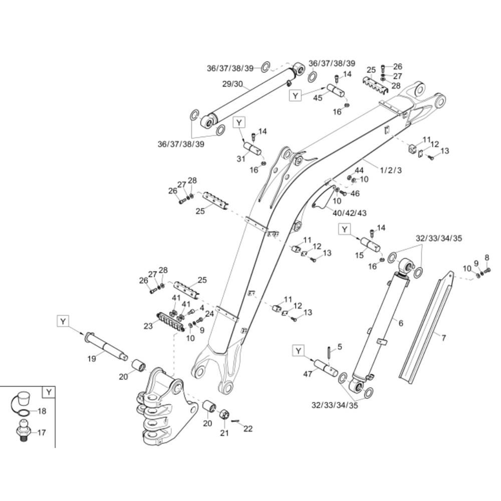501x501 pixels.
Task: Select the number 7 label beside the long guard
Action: coord(443,338)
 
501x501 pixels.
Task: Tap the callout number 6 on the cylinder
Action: coord(400,323)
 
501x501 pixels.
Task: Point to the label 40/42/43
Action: coord(349,213)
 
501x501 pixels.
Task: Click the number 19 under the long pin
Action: coord(92,359)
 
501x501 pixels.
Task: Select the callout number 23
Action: coord(147,326)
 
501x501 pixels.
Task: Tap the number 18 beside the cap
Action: coord(42,411)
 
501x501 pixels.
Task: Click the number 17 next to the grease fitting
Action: coord(42,432)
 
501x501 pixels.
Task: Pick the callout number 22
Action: coord(248,428)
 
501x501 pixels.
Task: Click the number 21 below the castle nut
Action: coord(224,433)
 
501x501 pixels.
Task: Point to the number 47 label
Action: coord(308,373)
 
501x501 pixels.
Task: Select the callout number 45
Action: coord(318,98)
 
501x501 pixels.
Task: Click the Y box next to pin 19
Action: coord(63,321)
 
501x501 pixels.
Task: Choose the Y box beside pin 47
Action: coord(299,351)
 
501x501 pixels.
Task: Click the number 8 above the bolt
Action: coord(486,259)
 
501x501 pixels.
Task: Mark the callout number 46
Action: coord(355,193)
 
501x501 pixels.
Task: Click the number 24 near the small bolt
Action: coord(209,314)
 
